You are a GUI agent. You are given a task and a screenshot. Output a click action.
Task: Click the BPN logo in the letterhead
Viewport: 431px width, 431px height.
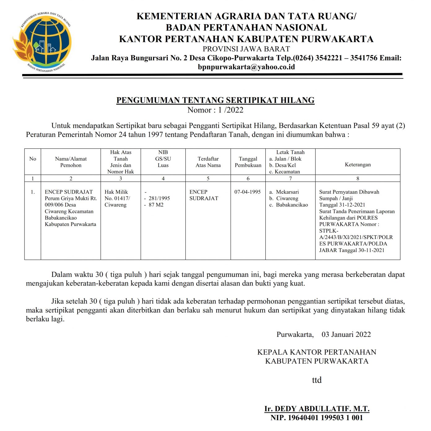pos(42,42)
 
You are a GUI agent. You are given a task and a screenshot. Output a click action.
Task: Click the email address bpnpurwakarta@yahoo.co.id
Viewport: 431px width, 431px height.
pos(246,67)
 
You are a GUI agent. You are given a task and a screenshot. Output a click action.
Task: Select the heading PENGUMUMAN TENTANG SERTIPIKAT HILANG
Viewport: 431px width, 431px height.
pos(215,100)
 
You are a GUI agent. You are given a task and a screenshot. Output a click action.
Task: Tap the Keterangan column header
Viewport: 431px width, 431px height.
pos(358,164)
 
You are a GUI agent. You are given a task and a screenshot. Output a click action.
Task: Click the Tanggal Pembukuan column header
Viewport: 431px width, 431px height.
pos(248,162)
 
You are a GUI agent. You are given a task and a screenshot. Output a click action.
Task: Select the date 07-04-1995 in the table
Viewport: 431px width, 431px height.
pos(247,192)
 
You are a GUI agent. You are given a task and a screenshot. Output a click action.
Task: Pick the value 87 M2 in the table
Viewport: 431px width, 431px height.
pos(156,205)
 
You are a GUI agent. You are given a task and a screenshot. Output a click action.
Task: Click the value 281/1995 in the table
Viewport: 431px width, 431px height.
pos(159,198)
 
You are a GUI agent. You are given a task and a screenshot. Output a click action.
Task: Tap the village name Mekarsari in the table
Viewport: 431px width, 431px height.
pos(287,192)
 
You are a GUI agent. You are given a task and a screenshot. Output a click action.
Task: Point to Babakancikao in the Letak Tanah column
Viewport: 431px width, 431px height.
pos(292,205)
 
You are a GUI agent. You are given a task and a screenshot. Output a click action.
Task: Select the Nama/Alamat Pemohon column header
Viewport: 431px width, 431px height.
pos(71,162)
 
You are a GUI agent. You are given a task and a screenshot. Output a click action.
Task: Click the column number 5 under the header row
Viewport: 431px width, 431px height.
pos(208,178)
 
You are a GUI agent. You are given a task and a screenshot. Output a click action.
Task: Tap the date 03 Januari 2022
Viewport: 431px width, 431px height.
pos(346,334)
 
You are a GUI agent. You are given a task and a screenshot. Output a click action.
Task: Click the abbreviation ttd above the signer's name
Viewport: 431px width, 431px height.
pos(317,380)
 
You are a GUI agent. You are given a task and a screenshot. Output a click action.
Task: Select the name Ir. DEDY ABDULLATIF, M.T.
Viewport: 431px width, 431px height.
pos(317,409)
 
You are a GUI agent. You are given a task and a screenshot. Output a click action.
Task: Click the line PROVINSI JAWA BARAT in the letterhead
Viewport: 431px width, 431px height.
pos(246,49)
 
